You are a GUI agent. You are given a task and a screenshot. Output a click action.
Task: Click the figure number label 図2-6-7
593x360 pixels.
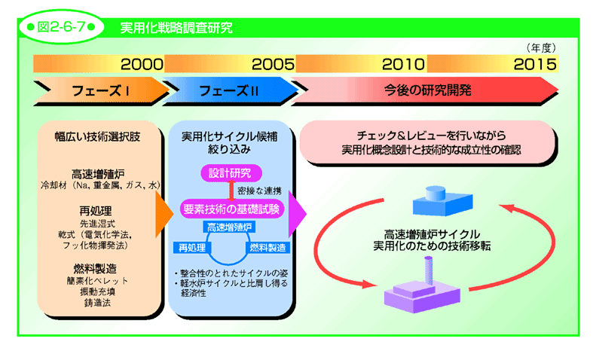click(61, 27)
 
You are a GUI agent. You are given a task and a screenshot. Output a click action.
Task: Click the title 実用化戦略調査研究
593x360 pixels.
click(176, 28)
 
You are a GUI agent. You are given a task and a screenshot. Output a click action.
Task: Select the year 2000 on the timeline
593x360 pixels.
click(142, 64)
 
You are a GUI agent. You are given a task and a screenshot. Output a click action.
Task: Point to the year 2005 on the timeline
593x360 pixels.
click(273, 64)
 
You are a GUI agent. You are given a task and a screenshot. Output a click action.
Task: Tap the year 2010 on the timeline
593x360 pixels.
click(403, 64)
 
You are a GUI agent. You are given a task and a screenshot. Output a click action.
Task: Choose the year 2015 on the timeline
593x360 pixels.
click(535, 64)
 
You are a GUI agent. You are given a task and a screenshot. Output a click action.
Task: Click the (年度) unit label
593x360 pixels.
click(541, 47)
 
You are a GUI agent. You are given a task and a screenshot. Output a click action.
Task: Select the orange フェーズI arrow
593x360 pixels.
click(102, 91)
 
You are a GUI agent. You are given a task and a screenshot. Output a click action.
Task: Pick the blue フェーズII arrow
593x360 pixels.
click(230, 91)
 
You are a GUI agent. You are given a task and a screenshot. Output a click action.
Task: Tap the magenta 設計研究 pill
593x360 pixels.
click(231, 173)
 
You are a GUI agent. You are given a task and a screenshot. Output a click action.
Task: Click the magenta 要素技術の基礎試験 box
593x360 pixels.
click(231, 209)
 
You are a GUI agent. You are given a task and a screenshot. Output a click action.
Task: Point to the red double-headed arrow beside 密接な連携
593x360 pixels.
click(231, 191)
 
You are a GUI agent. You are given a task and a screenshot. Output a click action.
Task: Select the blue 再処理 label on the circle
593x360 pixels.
click(192, 248)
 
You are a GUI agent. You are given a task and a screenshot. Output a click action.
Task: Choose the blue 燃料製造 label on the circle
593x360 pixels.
click(267, 248)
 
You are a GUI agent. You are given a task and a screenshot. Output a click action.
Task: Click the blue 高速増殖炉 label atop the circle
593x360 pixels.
click(229, 227)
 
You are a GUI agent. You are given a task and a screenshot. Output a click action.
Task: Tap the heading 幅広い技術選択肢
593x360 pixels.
click(97, 137)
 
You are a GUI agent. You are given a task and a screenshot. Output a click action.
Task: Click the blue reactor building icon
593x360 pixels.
click(442, 201)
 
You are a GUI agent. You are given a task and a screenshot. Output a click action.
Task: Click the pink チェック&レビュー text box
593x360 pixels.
click(428, 142)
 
